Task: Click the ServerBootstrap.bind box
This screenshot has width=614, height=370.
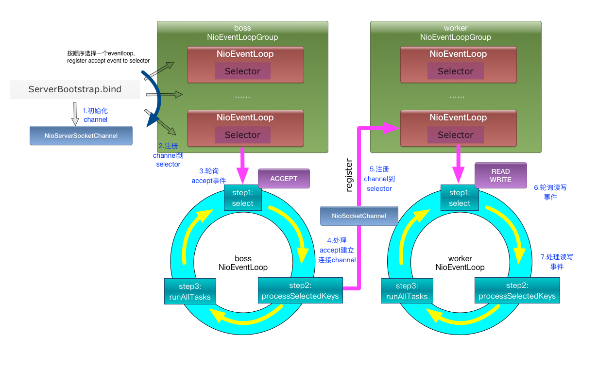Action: point(75,89)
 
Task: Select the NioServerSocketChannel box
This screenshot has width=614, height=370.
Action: point(81,135)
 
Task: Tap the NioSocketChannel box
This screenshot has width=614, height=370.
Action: point(359,216)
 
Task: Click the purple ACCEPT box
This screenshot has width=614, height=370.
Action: point(284,179)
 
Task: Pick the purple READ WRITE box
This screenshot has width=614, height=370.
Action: point(500,175)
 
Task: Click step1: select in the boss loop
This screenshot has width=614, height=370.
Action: point(242,198)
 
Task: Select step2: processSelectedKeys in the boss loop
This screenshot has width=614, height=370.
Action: point(300,290)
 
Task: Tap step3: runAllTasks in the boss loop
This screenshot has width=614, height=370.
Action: point(190,291)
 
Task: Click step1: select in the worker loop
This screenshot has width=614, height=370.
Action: point(460,198)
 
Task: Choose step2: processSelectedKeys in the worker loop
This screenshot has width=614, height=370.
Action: point(517,290)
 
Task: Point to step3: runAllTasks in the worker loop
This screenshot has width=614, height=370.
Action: point(407,291)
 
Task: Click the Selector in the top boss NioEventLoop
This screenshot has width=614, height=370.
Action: point(242,71)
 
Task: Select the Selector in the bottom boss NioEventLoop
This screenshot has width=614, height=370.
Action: point(242,135)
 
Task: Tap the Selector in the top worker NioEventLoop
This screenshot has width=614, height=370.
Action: point(455,71)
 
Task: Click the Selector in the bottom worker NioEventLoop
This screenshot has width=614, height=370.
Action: point(455,135)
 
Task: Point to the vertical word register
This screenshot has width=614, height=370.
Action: point(348,175)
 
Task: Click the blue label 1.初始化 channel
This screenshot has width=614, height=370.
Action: point(96,116)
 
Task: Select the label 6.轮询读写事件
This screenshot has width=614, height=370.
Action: point(550,192)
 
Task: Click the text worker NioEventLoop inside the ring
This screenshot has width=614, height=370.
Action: point(460,263)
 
